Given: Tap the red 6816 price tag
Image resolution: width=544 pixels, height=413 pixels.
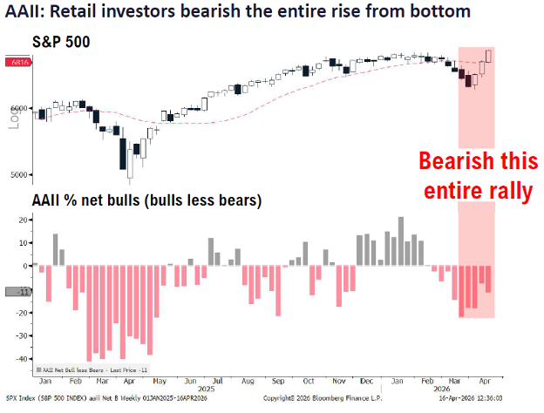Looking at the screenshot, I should (18, 64).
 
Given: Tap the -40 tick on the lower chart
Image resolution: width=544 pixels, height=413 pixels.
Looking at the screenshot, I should (20, 359).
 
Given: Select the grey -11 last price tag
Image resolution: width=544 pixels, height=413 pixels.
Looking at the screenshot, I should (18, 293).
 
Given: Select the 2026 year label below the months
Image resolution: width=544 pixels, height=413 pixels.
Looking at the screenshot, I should (443, 390).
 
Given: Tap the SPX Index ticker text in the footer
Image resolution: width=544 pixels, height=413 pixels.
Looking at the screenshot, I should (24, 399).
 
